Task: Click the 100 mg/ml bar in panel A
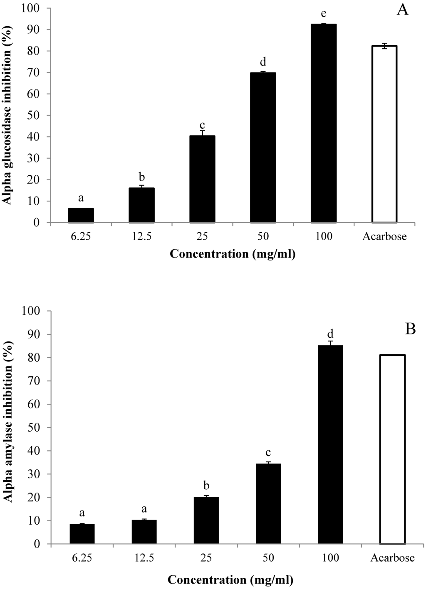coord(323,123)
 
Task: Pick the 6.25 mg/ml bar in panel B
coord(82,534)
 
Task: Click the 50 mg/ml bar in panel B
coord(268,504)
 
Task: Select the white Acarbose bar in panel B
coord(392,449)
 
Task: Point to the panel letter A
coord(402,10)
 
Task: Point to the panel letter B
coord(410,329)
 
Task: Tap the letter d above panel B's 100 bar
coord(331,334)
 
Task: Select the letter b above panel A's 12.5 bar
coord(142,177)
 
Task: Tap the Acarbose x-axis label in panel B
coord(392,558)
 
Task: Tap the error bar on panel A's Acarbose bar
coord(384,46)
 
